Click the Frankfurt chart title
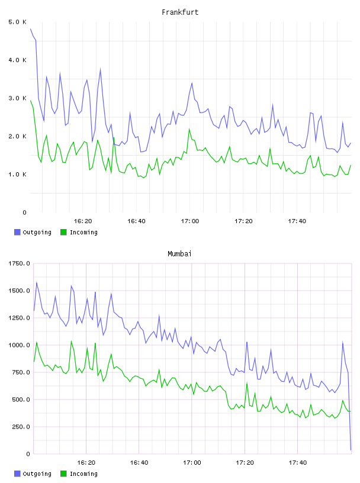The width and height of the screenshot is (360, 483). point(180,12)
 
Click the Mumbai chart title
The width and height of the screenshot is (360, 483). point(179,253)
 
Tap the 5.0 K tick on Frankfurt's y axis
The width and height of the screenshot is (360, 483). point(18,22)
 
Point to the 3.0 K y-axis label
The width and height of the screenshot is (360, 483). point(18,98)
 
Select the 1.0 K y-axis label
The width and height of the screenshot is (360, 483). point(18,175)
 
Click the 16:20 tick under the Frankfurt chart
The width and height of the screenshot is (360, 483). point(83,221)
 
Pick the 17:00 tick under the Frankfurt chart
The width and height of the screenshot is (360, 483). point(190,221)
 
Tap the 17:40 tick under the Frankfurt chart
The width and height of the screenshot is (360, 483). point(297,221)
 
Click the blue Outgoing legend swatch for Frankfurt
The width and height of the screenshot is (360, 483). point(17,232)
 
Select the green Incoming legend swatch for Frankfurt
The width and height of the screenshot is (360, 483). point(63,232)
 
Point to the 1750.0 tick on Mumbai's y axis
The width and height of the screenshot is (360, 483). point(20,263)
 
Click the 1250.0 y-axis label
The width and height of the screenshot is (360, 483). point(20,318)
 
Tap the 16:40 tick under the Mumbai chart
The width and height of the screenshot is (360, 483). point(139,463)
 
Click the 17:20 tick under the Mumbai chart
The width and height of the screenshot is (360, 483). point(245,463)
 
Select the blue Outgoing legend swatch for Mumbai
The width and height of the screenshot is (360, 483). point(17,474)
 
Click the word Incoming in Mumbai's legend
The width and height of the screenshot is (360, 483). point(83,474)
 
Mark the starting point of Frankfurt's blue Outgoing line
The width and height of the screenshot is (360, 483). point(31,28)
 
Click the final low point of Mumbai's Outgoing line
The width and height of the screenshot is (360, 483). point(351,450)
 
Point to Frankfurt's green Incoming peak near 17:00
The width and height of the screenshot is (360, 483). point(189,129)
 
